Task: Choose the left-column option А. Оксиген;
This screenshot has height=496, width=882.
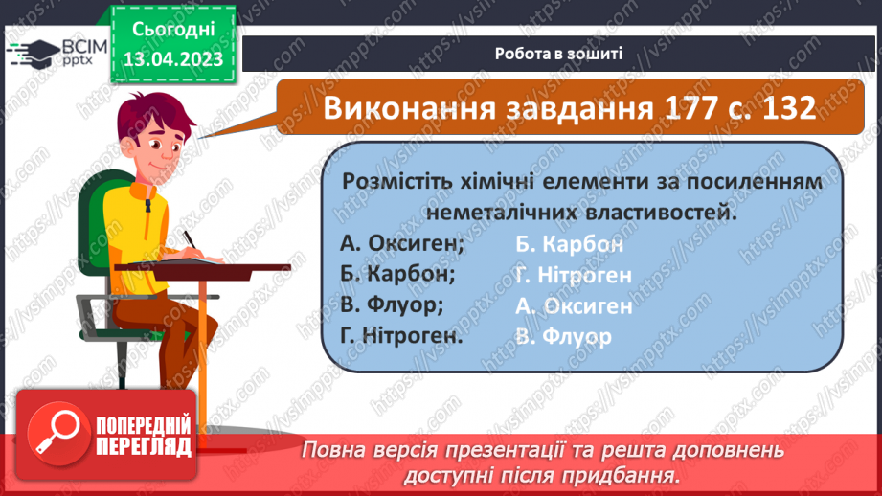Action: point(401,243)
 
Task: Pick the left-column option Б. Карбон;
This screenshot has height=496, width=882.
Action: point(396,274)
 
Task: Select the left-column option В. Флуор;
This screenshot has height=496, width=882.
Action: point(392,305)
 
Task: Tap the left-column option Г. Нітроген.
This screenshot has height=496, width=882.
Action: point(401,336)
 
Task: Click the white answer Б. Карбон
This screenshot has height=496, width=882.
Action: point(569,243)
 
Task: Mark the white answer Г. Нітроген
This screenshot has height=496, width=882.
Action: point(573,275)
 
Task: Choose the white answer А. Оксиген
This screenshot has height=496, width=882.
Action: point(573,305)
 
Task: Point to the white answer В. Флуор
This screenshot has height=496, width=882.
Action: point(562,337)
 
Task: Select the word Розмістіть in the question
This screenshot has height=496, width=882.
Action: point(393,180)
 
